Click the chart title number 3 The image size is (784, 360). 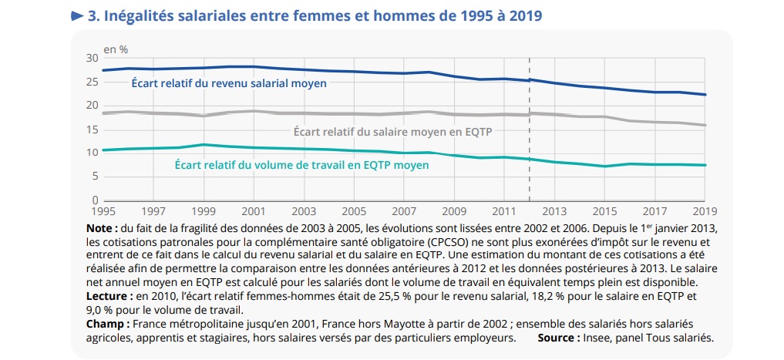coord(93,15)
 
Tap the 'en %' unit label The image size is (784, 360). coord(116,49)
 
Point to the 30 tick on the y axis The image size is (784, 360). coord(93,59)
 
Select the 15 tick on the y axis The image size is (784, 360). coord(93,130)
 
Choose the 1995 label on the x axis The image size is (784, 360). coord(103,210)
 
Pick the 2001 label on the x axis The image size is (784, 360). coord(254,210)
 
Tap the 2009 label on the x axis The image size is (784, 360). coord(454,210)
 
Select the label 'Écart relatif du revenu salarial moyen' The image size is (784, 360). coord(228,83)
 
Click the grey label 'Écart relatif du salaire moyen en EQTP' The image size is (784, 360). coord(393,132)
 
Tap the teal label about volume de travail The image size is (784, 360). coord(301,164)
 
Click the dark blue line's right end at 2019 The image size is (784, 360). coord(705,95)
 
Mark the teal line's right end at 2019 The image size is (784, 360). coord(705,165)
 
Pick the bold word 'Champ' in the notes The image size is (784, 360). coord(106,324)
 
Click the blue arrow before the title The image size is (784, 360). coord(77,15)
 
